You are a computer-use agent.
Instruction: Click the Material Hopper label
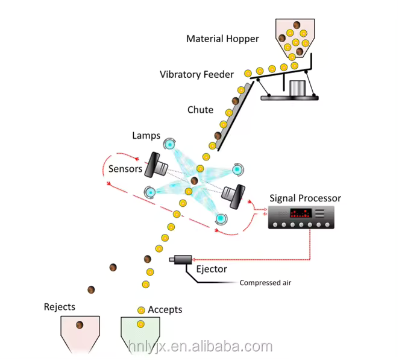coord(222,39)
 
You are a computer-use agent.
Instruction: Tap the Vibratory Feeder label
coord(196,75)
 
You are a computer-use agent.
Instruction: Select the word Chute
coord(200,110)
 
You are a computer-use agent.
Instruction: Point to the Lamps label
coord(146,137)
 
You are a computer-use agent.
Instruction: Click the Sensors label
coord(125,169)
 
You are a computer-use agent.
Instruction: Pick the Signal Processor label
coord(305,198)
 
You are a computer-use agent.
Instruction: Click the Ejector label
coord(212,269)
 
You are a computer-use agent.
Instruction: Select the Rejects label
coord(60,307)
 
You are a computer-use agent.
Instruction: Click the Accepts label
coord(165,310)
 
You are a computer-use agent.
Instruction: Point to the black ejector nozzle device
coord(182,260)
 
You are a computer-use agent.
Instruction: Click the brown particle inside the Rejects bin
coord(79,326)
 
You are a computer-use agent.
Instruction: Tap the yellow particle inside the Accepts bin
coord(140,324)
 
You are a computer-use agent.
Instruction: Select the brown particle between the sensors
coord(194,180)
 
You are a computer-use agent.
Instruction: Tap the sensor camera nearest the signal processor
coord(234,194)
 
